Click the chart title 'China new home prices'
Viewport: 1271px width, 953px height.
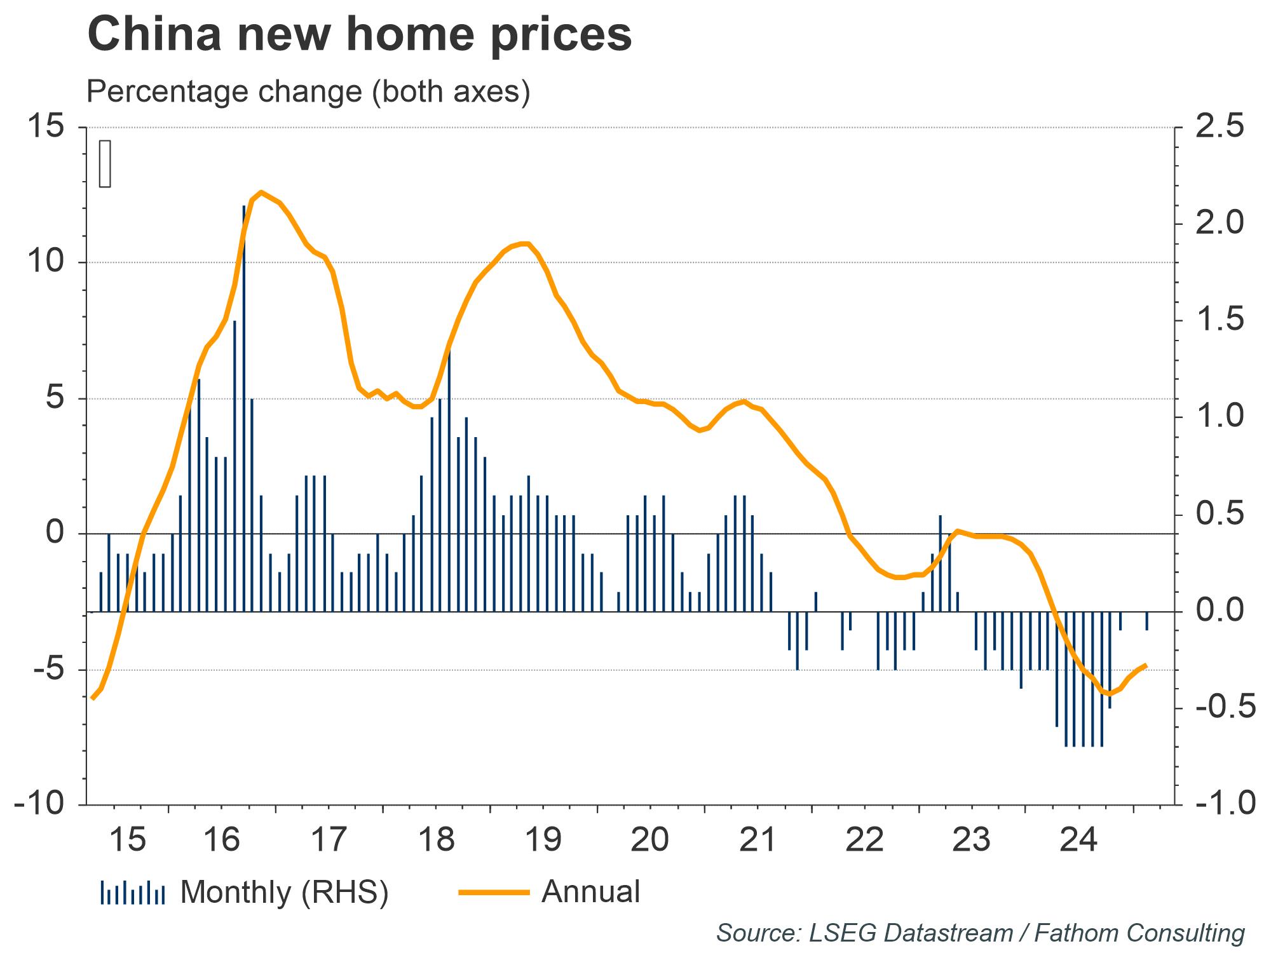point(359,34)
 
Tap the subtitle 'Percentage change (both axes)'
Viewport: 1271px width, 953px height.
point(308,91)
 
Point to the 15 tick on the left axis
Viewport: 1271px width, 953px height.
point(46,127)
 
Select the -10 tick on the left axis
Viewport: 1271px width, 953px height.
point(39,804)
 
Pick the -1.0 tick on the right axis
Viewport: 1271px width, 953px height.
point(1226,804)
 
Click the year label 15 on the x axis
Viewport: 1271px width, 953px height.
point(128,839)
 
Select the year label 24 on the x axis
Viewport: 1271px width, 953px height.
point(1078,839)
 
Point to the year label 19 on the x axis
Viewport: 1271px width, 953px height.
point(544,839)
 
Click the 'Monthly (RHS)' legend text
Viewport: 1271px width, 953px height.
point(284,892)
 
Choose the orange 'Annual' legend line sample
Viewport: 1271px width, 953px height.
point(494,893)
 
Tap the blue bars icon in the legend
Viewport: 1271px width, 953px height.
point(132,893)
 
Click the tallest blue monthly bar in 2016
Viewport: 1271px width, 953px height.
point(244,407)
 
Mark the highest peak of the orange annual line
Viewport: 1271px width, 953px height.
point(261,192)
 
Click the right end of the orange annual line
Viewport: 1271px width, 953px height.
point(1145,665)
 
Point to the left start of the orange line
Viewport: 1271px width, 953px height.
point(93,698)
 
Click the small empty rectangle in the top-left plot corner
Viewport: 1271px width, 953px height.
point(105,164)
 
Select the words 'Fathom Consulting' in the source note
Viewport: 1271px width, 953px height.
point(1139,933)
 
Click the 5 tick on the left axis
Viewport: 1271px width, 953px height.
point(55,398)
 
